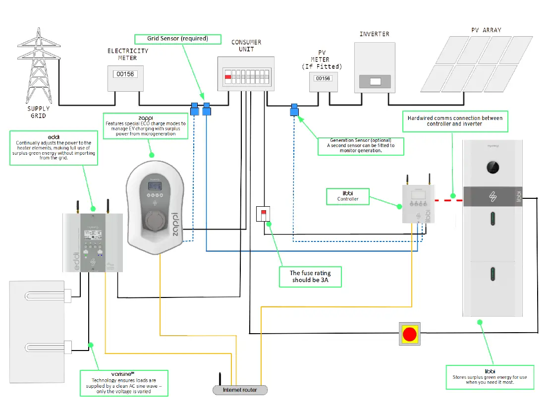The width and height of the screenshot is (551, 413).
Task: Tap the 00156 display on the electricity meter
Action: (x=125, y=74)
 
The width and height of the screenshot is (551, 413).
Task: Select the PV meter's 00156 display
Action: (x=323, y=78)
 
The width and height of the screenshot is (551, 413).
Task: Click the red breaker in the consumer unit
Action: (x=228, y=77)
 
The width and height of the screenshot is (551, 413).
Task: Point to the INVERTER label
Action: (x=374, y=34)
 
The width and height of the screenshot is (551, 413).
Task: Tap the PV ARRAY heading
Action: (x=486, y=30)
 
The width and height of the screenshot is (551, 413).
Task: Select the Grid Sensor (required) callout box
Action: (x=177, y=38)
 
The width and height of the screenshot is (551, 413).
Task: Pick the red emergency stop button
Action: (x=409, y=334)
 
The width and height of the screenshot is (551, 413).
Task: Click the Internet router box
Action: (x=240, y=390)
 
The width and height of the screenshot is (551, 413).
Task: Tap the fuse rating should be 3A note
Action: (x=310, y=277)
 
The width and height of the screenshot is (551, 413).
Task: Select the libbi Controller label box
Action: (x=347, y=196)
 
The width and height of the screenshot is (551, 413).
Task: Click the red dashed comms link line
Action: (x=448, y=200)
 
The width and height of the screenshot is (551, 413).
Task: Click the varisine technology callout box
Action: (x=124, y=383)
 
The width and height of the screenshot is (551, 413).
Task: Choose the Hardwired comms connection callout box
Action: (x=455, y=121)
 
